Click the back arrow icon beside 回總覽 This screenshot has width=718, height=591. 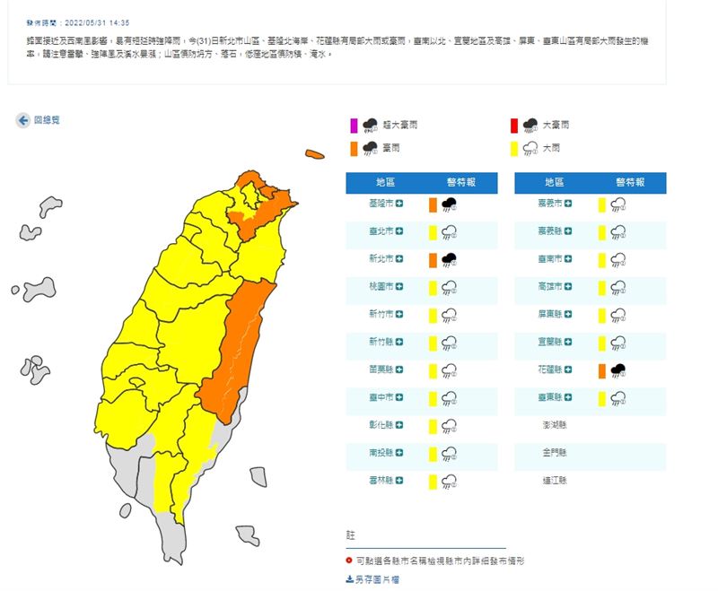click(22, 120)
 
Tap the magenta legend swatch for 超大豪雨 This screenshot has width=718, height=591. click(355, 126)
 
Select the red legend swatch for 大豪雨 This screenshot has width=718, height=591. click(514, 126)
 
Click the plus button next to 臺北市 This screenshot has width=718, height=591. click(399, 232)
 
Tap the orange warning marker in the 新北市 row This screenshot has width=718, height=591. click(432, 260)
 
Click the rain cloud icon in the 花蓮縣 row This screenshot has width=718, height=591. click(618, 369)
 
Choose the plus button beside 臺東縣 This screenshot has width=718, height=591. click(568, 397)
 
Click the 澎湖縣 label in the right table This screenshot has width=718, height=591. click(555, 425)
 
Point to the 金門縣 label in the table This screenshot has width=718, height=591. click(555, 453)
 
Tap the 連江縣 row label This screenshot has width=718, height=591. click(555, 481)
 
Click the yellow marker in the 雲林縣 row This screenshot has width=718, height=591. click(432, 481)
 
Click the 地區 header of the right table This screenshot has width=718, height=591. click(553, 183)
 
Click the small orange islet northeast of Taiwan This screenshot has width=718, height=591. click(314, 154)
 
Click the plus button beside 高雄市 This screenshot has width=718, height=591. click(568, 287)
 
